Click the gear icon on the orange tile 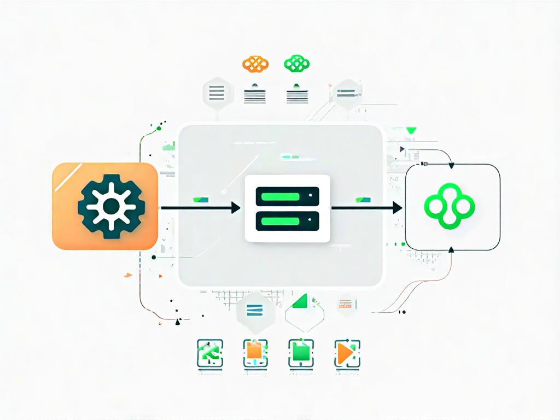(110, 206)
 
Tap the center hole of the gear (110, 206)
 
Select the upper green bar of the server (287, 195)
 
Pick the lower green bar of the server (287, 221)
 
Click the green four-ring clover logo (450, 206)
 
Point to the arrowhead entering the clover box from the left (398, 208)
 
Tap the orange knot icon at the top (255, 63)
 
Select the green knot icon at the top (297, 63)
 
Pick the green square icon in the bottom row (301, 353)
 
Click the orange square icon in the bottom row (255, 352)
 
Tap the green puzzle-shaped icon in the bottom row (209, 353)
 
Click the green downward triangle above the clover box (411, 131)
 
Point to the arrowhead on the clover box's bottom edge (451, 250)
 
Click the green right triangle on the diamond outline (300, 301)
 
